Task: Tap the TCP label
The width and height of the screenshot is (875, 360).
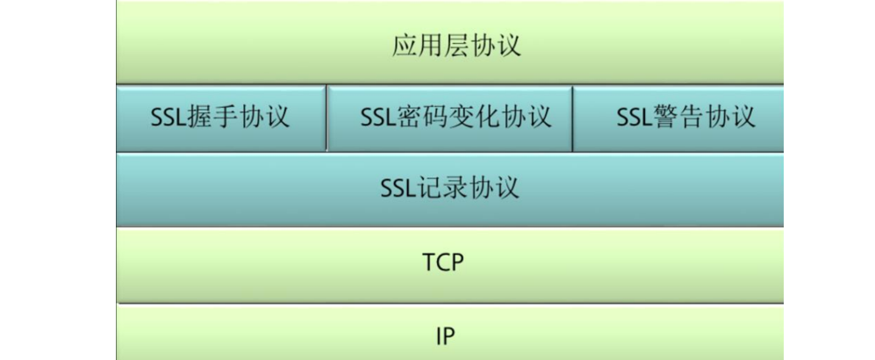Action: pyautogui.click(x=442, y=262)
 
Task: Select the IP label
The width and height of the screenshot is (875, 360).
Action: pyautogui.click(x=446, y=335)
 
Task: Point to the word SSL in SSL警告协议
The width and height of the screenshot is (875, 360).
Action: pyautogui.click(x=634, y=117)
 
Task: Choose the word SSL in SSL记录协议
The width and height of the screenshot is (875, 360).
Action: pyautogui.click(x=400, y=187)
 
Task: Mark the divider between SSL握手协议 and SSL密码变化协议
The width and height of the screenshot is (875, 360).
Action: pyautogui.click(x=326, y=119)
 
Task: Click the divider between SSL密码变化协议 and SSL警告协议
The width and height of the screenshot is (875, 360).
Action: pyautogui.click(x=572, y=119)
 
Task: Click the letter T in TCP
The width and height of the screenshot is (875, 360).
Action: pyautogui.click(x=428, y=262)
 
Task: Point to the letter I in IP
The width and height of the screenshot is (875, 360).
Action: pyautogui.click(x=439, y=335)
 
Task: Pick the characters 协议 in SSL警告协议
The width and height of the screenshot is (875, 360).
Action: pyautogui.click(x=729, y=117)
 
